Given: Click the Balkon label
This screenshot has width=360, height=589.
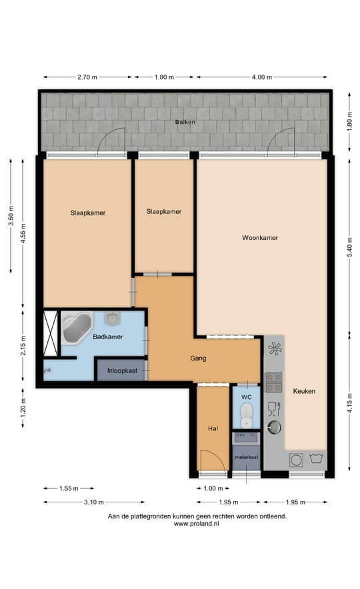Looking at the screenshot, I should (x=185, y=123).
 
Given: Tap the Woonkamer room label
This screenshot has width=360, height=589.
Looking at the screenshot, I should (x=260, y=237).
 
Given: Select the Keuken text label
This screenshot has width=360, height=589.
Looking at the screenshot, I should (x=304, y=391).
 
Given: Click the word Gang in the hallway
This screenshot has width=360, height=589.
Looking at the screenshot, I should (x=198, y=358).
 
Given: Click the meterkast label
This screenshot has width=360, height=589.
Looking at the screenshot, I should (x=246, y=458).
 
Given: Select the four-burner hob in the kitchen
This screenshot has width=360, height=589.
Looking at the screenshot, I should (x=274, y=380).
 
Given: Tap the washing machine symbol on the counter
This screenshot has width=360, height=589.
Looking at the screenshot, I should (x=295, y=459).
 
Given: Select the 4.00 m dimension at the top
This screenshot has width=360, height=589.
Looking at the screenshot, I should (x=262, y=78).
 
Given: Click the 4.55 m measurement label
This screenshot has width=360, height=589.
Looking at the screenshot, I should (x=23, y=233).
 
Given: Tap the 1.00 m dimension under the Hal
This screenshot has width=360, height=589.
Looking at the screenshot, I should (x=213, y=489).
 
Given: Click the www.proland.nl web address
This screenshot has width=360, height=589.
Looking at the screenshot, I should (x=197, y=524).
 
